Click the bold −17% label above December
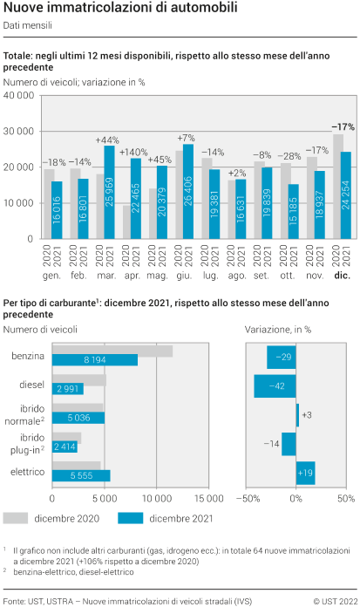343,126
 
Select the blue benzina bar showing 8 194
95,359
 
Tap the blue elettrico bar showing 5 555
81,475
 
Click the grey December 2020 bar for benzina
112,351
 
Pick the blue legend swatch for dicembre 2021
131,518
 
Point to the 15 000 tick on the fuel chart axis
208,499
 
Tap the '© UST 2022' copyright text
334,602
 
